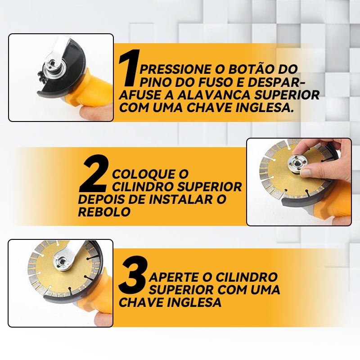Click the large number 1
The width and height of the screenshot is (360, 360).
[x=129, y=68]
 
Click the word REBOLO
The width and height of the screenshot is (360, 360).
[x=104, y=211]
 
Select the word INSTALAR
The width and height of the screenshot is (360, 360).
[x=180, y=199]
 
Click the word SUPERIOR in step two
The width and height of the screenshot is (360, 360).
[x=210, y=187]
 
